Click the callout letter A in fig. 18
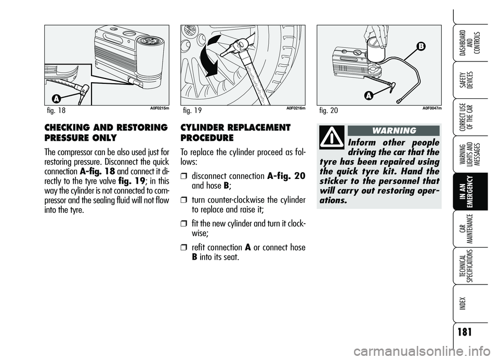(x=56, y=99)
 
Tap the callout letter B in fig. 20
(x=421, y=46)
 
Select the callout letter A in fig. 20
(x=369, y=95)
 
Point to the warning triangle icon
(x=332, y=137)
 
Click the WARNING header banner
(x=393, y=131)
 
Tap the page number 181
(x=465, y=332)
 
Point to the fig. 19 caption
(x=192, y=110)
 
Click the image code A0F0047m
(x=432, y=108)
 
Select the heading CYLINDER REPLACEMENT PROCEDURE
(x=235, y=133)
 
